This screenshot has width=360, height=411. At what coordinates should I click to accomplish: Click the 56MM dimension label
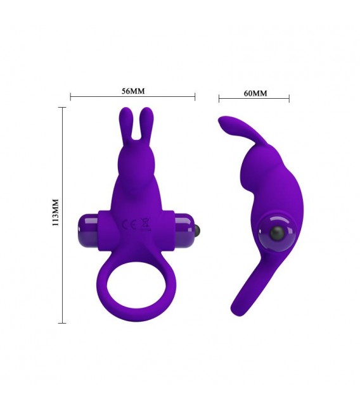coord(133,91)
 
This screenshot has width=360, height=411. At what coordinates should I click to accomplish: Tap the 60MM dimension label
coord(255,93)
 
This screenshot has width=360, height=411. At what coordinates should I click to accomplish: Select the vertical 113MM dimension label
coord(55,213)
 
